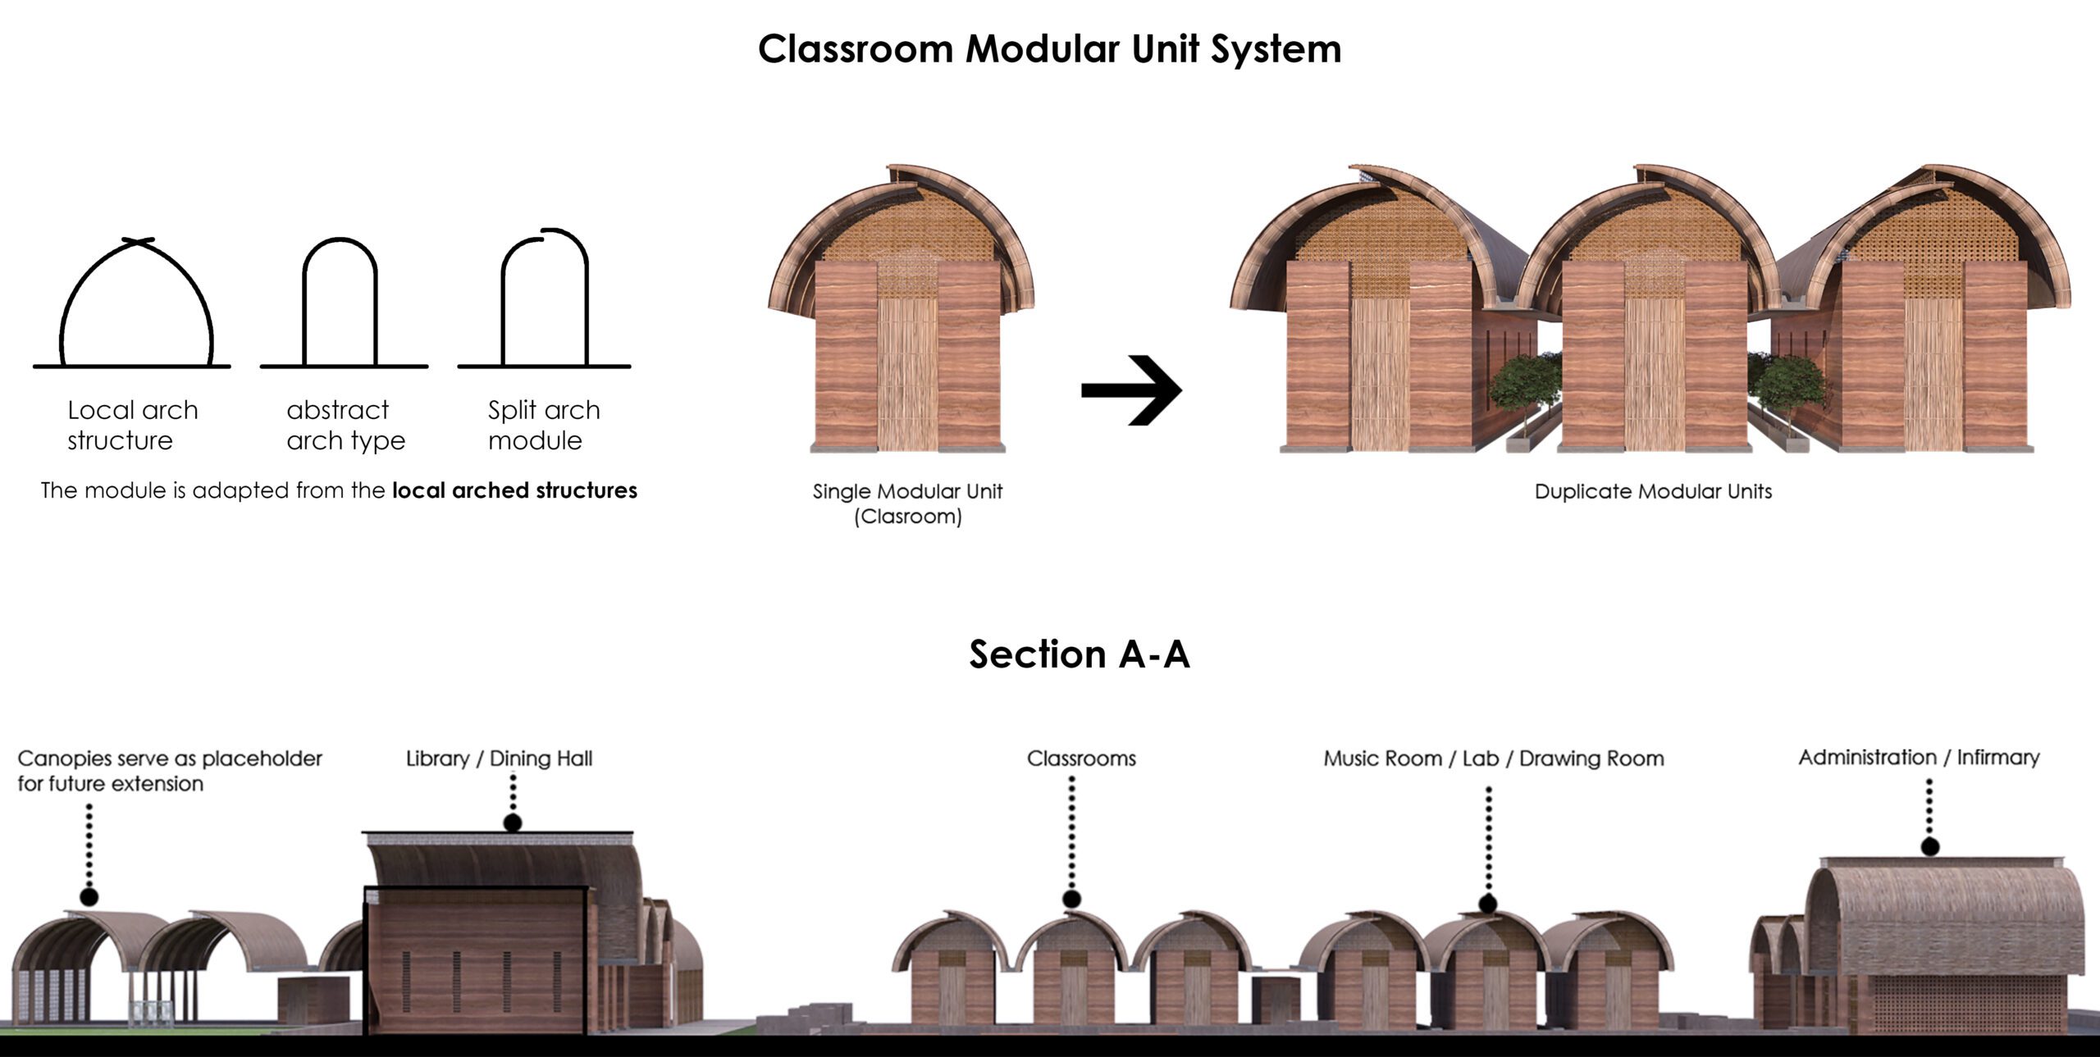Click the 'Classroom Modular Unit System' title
(x=1049, y=49)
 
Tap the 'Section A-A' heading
(x=1079, y=654)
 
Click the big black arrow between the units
(x=1132, y=390)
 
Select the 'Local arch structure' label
(x=133, y=426)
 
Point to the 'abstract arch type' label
(x=345, y=426)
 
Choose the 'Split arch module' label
(x=544, y=426)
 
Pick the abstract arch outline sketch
(x=340, y=303)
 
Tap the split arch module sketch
(x=545, y=299)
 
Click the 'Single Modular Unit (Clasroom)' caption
(x=907, y=503)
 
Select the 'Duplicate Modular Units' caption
(x=1653, y=491)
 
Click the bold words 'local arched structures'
(x=514, y=490)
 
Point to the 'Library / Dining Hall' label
(x=499, y=759)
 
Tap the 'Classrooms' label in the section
(x=1081, y=759)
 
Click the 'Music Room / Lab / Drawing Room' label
(x=1494, y=759)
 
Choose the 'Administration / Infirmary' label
(x=1919, y=757)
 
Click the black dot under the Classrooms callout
(x=1071, y=900)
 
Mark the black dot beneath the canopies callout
(x=89, y=896)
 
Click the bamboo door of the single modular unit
(x=907, y=373)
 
